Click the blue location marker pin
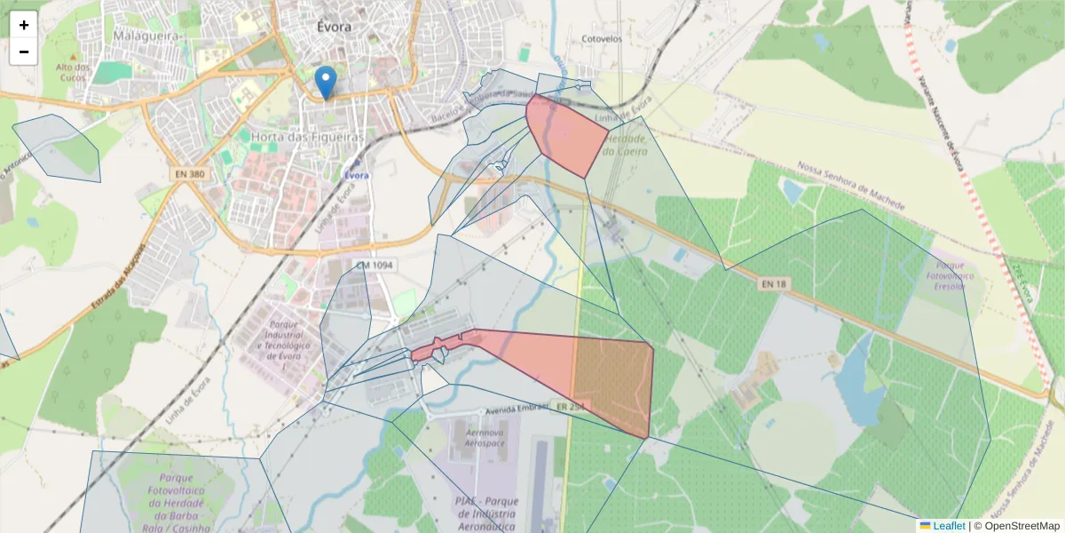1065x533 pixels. tap(327, 83)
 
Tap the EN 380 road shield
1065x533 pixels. tap(191, 175)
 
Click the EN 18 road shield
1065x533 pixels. tap(774, 284)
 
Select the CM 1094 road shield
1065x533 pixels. tap(375, 266)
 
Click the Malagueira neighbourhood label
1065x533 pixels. tap(147, 35)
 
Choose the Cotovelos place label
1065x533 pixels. tap(601, 40)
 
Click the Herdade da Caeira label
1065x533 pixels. tap(625, 145)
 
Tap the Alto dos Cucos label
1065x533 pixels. tap(73, 72)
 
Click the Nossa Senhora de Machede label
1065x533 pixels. tap(851, 185)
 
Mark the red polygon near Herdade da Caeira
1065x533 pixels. tap(568, 136)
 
